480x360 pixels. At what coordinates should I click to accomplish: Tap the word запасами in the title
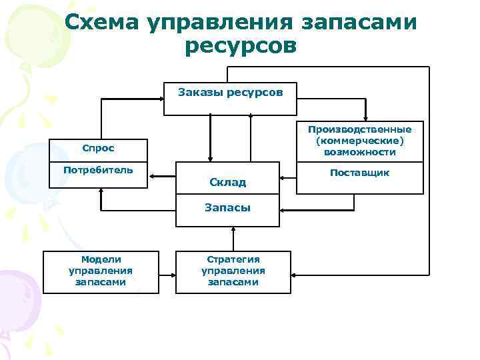(361, 23)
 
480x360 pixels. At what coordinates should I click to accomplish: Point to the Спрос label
(98, 147)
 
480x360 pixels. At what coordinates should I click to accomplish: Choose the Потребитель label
(98, 169)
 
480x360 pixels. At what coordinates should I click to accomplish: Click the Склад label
(227, 182)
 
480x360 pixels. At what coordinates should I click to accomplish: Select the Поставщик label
(360, 173)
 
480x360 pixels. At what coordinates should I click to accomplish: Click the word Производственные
(360, 129)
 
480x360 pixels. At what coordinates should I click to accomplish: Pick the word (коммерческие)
(360, 141)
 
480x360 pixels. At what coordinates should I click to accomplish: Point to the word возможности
(360, 152)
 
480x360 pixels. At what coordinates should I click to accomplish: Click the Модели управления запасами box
(101, 271)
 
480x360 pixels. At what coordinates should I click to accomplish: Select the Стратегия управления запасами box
(233, 271)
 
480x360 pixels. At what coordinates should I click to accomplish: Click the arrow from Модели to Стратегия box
(167, 272)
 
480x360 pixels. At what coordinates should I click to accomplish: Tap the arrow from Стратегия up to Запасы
(233, 239)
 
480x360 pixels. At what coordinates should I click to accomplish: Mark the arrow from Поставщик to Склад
(287, 177)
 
